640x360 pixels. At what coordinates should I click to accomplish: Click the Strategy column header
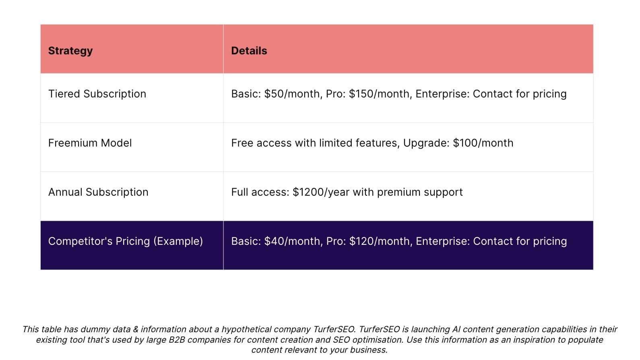(70, 51)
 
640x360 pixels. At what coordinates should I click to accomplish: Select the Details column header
(249, 51)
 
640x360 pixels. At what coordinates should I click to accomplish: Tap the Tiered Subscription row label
(97, 94)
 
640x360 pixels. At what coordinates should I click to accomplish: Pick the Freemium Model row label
(90, 143)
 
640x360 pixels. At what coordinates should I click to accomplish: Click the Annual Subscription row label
(98, 192)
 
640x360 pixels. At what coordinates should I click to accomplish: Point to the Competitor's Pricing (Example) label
(126, 241)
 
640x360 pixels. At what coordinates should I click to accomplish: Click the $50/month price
(292, 94)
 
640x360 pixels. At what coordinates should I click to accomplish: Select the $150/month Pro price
(379, 94)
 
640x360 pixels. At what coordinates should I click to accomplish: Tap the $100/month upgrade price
(483, 143)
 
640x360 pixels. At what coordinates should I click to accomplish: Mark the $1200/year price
(321, 192)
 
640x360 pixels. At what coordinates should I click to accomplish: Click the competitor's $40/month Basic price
(292, 241)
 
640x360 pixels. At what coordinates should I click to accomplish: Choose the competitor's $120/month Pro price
(380, 241)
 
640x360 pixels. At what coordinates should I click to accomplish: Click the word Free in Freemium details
(242, 143)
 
